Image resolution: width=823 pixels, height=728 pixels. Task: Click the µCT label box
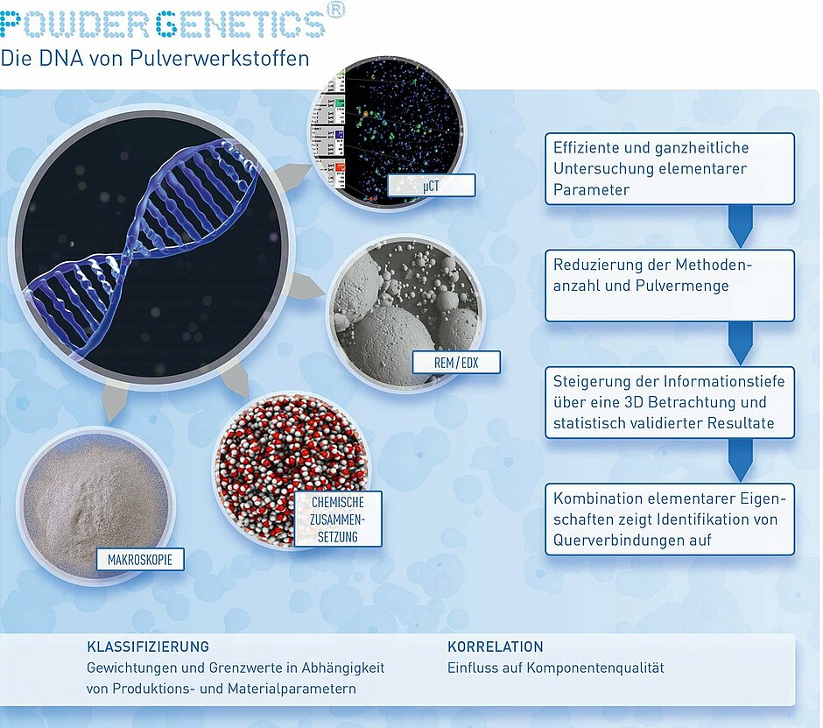pos(432,186)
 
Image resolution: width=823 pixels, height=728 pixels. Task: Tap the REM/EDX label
pos(456,363)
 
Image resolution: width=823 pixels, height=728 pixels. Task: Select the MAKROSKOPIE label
pos(140,560)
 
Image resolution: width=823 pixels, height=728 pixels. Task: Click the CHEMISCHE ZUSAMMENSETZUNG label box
pos(338,519)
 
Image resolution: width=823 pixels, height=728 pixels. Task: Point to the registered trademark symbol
pos(336,10)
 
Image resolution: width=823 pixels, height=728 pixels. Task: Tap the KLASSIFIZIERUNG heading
pos(148,647)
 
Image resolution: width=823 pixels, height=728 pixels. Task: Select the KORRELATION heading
pos(496,647)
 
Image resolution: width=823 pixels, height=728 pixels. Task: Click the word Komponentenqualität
pos(595,668)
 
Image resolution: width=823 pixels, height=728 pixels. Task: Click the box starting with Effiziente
pos(670,168)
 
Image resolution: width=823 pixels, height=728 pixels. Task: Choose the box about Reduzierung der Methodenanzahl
pos(670,286)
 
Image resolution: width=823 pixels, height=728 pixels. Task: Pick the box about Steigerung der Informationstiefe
pos(670,402)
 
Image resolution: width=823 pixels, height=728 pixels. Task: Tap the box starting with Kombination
pos(670,519)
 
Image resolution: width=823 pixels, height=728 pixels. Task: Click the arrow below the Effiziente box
pos(741,226)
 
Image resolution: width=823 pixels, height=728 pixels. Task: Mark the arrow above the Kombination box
pos(741,460)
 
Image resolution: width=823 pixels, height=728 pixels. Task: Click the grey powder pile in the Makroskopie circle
pos(95,505)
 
